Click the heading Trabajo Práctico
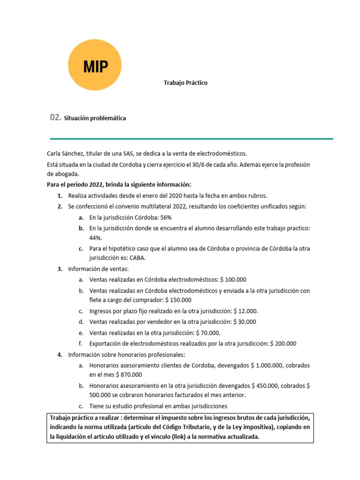(185, 83)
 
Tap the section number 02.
(55, 118)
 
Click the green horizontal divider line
(191, 139)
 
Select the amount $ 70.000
(208, 333)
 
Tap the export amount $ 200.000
(283, 344)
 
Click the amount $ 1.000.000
(270, 365)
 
